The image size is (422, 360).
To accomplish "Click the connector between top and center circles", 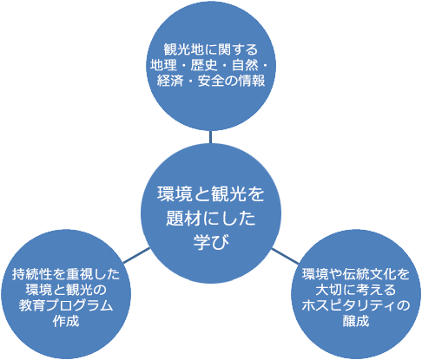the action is pyautogui.click(x=210, y=137).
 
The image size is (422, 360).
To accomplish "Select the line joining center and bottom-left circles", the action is pyautogui.click(x=136, y=255).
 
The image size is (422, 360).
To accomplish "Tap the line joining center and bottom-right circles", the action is pyautogui.click(x=285, y=256).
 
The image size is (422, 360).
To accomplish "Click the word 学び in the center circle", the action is pyautogui.click(x=211, y=241).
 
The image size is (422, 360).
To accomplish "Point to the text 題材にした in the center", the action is pyautogui.click(x=211, y=218).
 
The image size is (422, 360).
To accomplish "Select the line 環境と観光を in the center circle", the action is pyautogui.click(x=211, y=193).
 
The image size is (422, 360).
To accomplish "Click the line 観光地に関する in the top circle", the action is pyautogui.click(x=211, y=49).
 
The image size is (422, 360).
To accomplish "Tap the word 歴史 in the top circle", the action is pyautogui.click(x=204, y=65).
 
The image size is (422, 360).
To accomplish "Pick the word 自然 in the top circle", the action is pyautogui.click(x=245, y=65).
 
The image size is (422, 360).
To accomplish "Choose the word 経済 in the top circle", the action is pyautogui.click(x=170, y=81).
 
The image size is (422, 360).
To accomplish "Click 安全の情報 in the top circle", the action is pyautogui.click(x=232, y=81).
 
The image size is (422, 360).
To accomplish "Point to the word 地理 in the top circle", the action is pyautogui.click(x=163, y=65).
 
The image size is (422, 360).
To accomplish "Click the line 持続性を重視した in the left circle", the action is pyautogui.click(x=66, y=274).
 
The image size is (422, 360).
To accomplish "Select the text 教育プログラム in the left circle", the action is pyautogui.click(x=66, y=305).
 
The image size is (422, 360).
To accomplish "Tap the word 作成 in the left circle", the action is pyautogui.click(x=66, y=321).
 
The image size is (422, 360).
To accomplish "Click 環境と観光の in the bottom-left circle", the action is pyautogui.click(x=66, y=290).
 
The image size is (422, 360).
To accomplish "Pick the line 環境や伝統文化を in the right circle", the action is pyautogui.click(x=356, y=274).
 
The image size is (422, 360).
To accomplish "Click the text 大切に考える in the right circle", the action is pyautogui.click(x=356, y=290).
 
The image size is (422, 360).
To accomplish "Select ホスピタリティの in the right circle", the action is pyautogui.click(x=356, y=305).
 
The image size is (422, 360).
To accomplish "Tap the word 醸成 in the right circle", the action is pyautogui.click(x=356, y=321).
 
